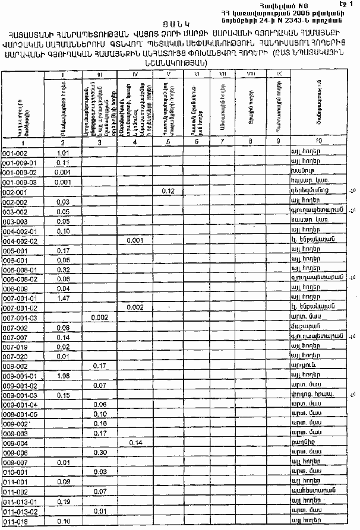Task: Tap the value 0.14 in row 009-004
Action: (x=135, y=442)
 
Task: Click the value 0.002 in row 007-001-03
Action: (x=99, y=318)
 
